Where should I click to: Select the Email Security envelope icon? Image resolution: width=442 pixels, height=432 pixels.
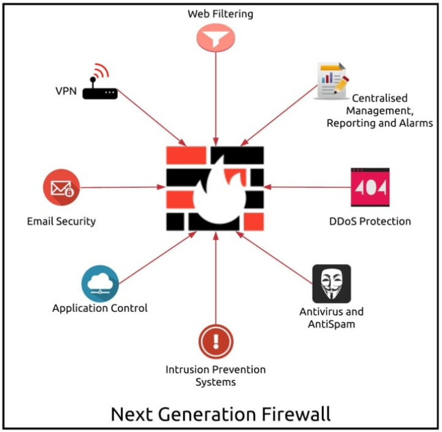tap(62, 188)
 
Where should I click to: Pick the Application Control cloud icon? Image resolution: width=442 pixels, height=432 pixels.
tap(100, 283)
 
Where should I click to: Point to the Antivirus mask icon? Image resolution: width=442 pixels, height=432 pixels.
tap(331, 284)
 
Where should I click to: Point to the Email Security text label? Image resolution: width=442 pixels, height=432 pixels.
tap(61, 221)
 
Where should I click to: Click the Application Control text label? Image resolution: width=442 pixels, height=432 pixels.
tap(100, 308)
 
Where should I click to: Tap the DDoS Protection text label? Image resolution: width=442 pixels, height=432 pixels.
tap(370, 221)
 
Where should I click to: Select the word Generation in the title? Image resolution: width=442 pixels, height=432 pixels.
tap(205, 414)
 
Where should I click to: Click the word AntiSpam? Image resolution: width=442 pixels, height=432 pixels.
tap(331, 324)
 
